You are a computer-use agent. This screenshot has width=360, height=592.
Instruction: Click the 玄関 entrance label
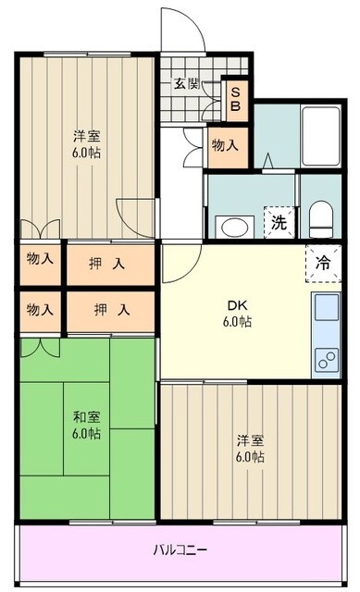click(186, 83)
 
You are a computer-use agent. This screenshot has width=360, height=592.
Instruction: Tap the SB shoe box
click(235, 98)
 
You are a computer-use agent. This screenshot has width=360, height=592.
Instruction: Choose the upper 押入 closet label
click(109, 264)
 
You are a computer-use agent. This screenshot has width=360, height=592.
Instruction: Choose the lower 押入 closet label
click(109, 309)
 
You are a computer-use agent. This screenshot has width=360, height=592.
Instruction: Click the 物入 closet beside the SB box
click(225, 145)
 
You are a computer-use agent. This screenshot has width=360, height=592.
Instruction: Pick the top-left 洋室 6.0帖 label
click(88, 144)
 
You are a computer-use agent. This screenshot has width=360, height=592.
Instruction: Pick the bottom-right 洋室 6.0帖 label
click(250, 448)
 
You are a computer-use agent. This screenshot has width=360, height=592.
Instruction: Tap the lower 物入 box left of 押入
click(40, 309)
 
